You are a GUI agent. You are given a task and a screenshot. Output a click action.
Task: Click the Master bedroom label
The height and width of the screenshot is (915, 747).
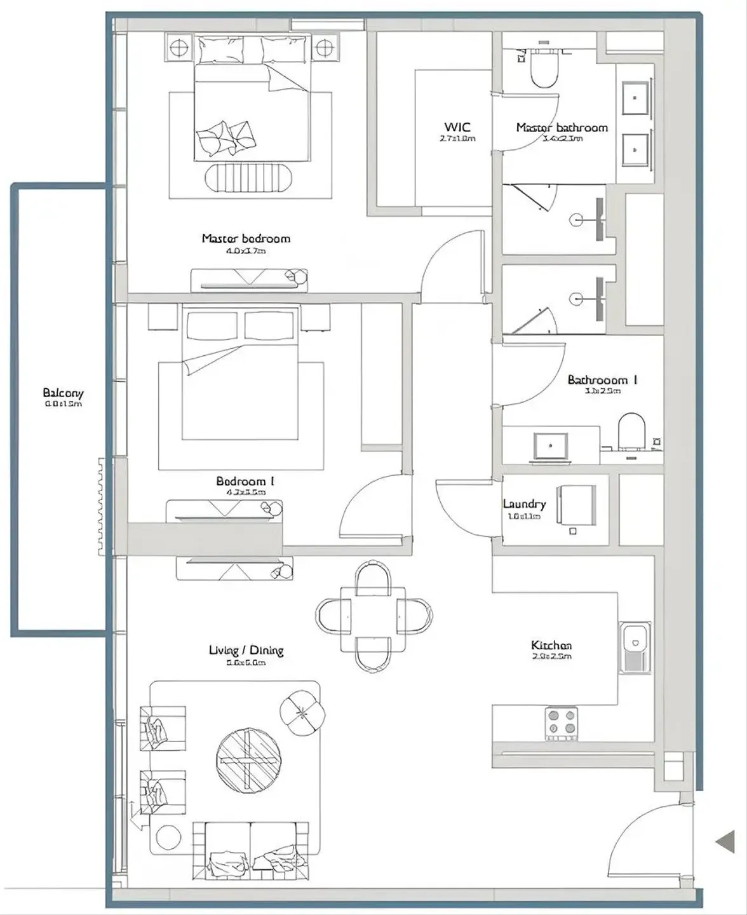pos(246,239)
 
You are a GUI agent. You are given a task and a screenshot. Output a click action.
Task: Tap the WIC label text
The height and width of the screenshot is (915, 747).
pos(457,127)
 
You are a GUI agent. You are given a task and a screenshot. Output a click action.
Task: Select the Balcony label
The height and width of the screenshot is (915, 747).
pos(63,393)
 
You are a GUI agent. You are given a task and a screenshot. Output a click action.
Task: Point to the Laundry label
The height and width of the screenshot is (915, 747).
pos(524,504)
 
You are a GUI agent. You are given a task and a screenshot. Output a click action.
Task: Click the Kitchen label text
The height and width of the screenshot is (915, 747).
pos(551,646)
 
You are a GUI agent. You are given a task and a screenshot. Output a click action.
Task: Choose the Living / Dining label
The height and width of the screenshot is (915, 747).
pos(246,650)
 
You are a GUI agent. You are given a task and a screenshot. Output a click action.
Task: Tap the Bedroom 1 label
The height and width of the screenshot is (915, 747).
pos(245,482)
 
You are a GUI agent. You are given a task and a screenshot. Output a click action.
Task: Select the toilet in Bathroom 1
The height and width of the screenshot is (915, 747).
pos(631,431)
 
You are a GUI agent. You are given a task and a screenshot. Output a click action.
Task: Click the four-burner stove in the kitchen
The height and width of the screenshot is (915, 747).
pos(562,722)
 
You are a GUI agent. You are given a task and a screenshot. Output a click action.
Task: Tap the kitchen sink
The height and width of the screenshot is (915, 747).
pos(635,646)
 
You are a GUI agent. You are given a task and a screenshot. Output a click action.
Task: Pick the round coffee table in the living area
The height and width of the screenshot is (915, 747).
pos(248,760)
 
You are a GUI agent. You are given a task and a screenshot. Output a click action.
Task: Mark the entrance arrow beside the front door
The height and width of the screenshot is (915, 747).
pos(725,843)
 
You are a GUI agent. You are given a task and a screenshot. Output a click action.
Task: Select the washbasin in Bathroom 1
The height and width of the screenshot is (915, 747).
pos(551,445)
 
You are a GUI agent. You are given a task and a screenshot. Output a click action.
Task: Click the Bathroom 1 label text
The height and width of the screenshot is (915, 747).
pos(602,380)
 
